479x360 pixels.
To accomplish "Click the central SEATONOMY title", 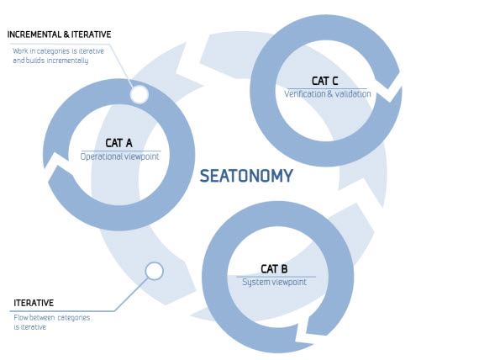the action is pyautogui.click(x=246, y=176).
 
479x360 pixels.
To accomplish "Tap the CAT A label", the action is pyautogui.click(x=118, y=143).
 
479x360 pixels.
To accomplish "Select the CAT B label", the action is pyautogui.click(x=274, y=269).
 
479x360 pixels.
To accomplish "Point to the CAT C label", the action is pyautogui.click(x=324, y=81).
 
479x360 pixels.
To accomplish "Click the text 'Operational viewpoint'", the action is pyautogui.click(x=119, y=156).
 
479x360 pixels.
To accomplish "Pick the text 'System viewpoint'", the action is pyautogui.click(x=274, y=282).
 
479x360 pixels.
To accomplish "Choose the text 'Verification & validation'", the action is pyautogui.click(x=328, y=93).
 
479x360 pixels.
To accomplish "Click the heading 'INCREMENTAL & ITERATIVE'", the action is pyautogui.click(x=60, y=34).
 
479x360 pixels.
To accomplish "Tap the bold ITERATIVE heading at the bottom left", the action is pyautogui.click(x=34, y=303).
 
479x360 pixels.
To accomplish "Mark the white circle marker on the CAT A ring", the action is pyautogui.click(x=139, y=94).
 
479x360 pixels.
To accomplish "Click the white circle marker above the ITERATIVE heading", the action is pyautogui.click(x=155, y=271).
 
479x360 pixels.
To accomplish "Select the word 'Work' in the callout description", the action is pyautogui.click(x=20, y=51).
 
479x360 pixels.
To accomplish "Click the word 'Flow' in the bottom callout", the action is pyautogui.click(x=21, y=317).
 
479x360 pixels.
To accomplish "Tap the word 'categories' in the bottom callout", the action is pyautogui.click(x=74, y=318).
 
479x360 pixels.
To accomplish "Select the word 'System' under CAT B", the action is pyautogui.click(x=253, y=283).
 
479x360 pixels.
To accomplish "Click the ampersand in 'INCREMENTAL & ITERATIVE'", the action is pyautogui.click(x=66, y=34).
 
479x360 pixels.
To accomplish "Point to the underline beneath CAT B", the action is pyautogui.click(x=276, y=277).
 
